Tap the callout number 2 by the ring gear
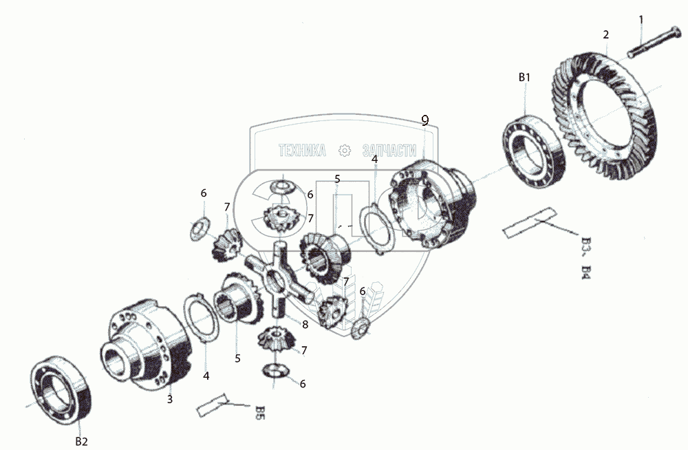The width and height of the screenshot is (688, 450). coord(606,33)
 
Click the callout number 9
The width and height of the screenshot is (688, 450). coord(425,120)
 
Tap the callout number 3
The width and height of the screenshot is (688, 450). coord(170,398)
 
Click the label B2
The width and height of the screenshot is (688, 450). coord(81,441)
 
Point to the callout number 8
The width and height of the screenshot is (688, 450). coord(304,324)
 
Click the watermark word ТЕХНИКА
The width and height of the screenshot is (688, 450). coord(301,151)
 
